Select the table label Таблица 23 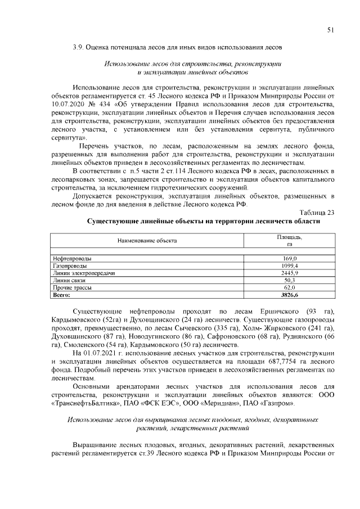coord(317,212)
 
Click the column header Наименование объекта coord(147,240)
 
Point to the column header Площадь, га coord(290,240)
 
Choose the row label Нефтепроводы coord(72,258)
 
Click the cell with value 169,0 coord(290,258)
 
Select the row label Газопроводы coord(70,265)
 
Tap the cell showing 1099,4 coord(290,265)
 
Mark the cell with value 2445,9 coord(290,272)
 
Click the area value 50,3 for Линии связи coord(290,280)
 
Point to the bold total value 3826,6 coord(290,294)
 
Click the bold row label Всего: coord(61,294)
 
